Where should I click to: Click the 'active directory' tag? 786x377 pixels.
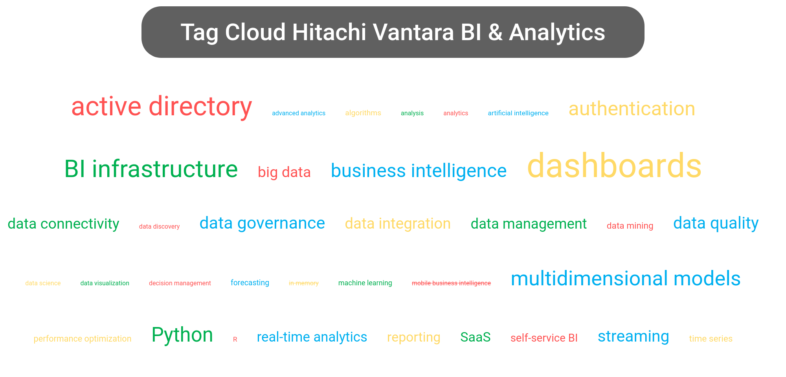coord(162,107)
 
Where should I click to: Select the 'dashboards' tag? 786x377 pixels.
coord(614,166)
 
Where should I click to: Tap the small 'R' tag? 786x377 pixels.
coord(235,339)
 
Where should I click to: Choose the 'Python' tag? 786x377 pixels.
coord(182,335)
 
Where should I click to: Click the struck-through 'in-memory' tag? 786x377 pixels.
coord(304,283)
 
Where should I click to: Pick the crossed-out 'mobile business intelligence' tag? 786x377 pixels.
coord(451,283)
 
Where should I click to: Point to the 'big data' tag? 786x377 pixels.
coord(284,172)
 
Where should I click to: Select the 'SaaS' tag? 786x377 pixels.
coord(476,337)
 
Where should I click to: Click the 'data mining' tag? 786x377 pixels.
coord(630,226)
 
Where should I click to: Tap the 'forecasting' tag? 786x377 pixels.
coord(250,283)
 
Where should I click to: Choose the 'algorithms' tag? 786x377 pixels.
coord(363,113)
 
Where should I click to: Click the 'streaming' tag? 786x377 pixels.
coord(634,336)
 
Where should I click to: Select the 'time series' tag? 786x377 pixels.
coord(711,339)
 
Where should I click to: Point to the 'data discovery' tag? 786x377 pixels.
coord(159,227)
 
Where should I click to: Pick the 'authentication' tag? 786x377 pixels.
coord(632,109)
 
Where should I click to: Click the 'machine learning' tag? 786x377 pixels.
coord(365,283)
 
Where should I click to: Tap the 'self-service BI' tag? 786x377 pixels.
coord(544,338)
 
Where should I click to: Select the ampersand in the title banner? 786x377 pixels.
coord(496,32)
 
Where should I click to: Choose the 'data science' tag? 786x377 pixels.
coord(43,283)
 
